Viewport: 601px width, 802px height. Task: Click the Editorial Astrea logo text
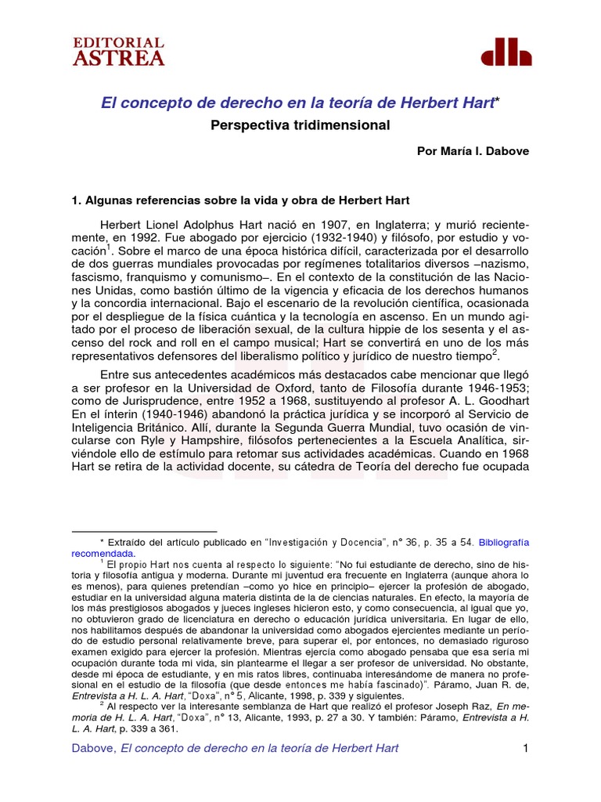coord(118,51)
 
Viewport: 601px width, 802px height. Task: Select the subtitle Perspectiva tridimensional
coord(300,125)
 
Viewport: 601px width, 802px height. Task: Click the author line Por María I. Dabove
coord(472,151)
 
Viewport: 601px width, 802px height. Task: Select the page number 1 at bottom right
coord(526,748)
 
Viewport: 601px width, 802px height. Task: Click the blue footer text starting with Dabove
coord(235,748)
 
